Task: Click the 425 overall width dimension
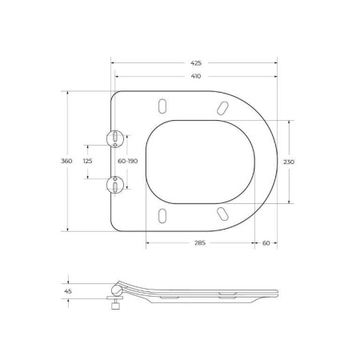(196, 62)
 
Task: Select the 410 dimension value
(196, 78)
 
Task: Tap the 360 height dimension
(66, 161)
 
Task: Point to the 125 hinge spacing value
(87, 161)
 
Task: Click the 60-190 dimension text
(128, 161)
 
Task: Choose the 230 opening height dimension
(289, 161)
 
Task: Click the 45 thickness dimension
(68, 292)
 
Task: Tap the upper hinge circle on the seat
(118, 138)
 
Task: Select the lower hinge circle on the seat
(118, 185)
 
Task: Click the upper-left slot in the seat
(163, 106)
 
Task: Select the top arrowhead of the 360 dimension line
(66, 93)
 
